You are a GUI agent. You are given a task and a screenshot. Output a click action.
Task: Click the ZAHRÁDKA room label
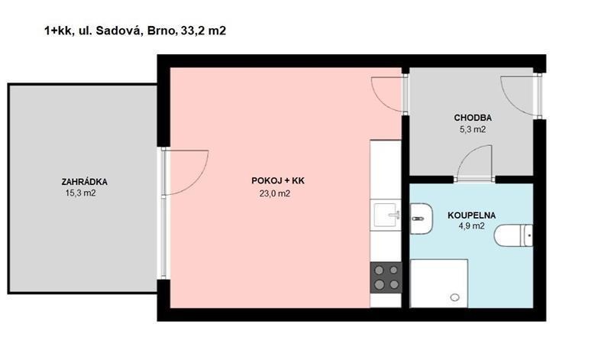[x=84, y=182]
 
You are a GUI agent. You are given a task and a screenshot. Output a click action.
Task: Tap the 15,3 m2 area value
[x=81, y=193]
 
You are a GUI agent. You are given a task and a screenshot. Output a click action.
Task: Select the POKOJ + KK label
[x=278, y=181]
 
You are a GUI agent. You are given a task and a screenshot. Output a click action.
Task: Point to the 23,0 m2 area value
[x=275, y=193]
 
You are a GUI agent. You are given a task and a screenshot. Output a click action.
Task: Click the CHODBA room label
[x=473, y=118]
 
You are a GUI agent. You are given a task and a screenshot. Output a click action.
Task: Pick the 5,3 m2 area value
[x=473, y=129]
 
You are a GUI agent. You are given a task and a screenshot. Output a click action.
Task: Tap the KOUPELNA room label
[x=471, y=216]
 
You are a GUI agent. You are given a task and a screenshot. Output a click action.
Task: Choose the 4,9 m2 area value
[x=471, y=226]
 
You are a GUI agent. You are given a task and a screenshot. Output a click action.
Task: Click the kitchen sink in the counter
[x=386, y=215]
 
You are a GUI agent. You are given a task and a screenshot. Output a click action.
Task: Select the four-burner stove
[x=386, y=277]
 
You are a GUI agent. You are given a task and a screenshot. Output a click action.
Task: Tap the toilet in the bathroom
[x=513, y=235]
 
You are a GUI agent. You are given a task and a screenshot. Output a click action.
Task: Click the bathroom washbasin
[x=421, y=219]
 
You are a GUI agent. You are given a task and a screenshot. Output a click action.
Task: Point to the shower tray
[x=438, y=283]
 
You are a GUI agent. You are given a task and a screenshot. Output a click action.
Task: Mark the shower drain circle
[x=454, y=297]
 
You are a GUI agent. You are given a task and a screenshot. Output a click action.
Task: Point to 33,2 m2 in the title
[x=203, y=31]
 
